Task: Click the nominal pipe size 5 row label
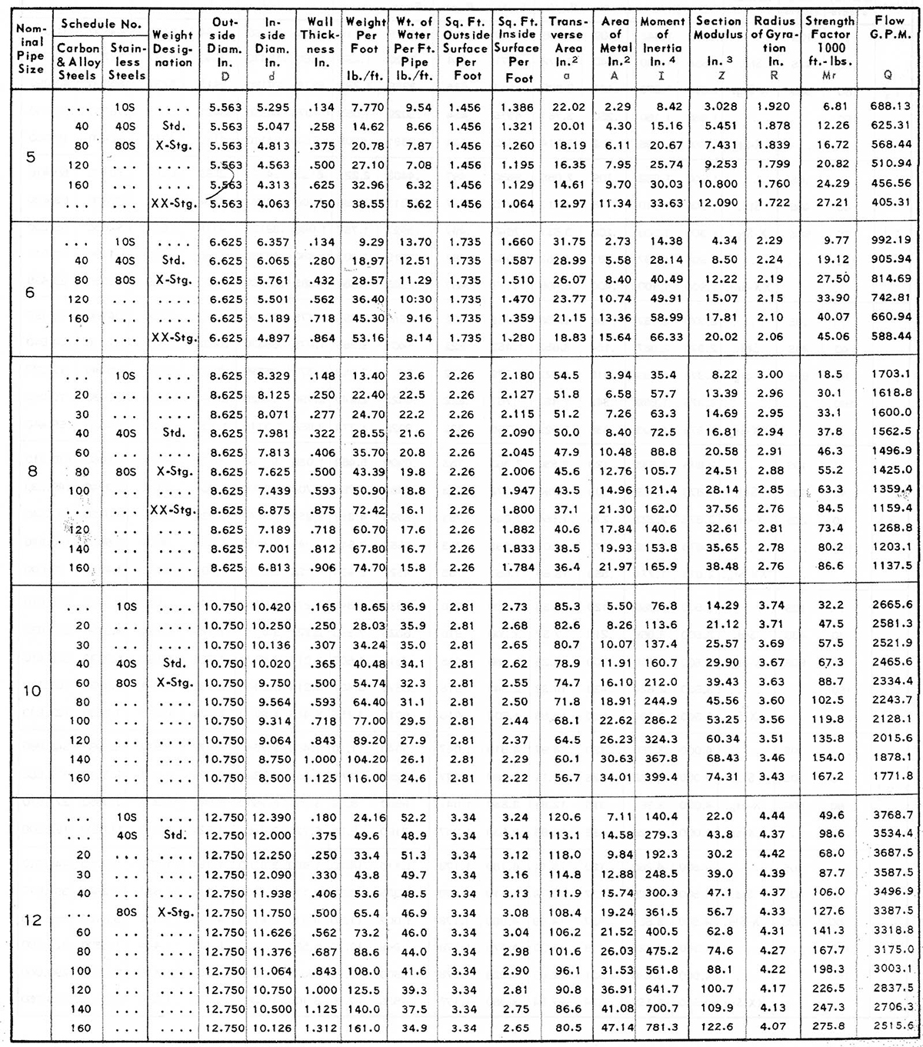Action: click(x=31, y=156)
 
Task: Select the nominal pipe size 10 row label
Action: click(x=32, y=691)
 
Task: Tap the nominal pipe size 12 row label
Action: click(x=32, y=920)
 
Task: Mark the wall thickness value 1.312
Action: click(x=320, y=1027)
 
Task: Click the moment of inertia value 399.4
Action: click(x=662, y=778)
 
